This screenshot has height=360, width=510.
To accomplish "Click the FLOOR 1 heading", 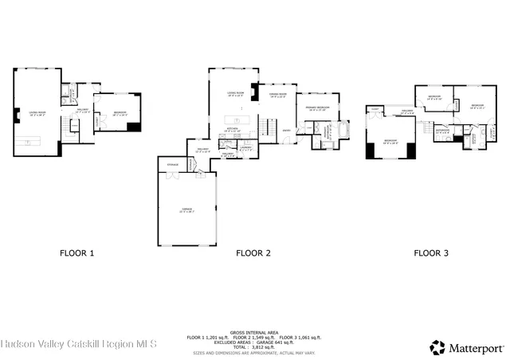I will coord(77,253).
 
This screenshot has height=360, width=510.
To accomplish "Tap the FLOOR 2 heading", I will coord(253,253).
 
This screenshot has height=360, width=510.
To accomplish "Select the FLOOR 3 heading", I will coord(430,253).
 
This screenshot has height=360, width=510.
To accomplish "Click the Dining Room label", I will coord(277,94).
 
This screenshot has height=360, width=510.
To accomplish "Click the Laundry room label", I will coord(246,147).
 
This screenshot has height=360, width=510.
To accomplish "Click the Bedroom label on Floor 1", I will coord(120,112).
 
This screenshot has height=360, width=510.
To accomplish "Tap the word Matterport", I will coord(477,347).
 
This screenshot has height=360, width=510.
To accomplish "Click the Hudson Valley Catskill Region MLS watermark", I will coord(80,344).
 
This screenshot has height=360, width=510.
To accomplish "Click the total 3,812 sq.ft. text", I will coord(253,347).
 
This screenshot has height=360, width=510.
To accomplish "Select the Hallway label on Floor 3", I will coord(407,111).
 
